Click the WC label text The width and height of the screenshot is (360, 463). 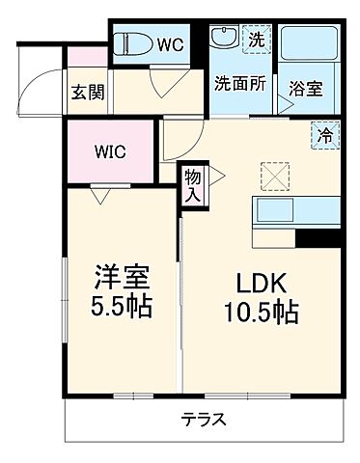[170, 43]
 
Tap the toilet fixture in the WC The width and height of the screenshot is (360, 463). [131, 43]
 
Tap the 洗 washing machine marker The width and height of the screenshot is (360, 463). [256, 40]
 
